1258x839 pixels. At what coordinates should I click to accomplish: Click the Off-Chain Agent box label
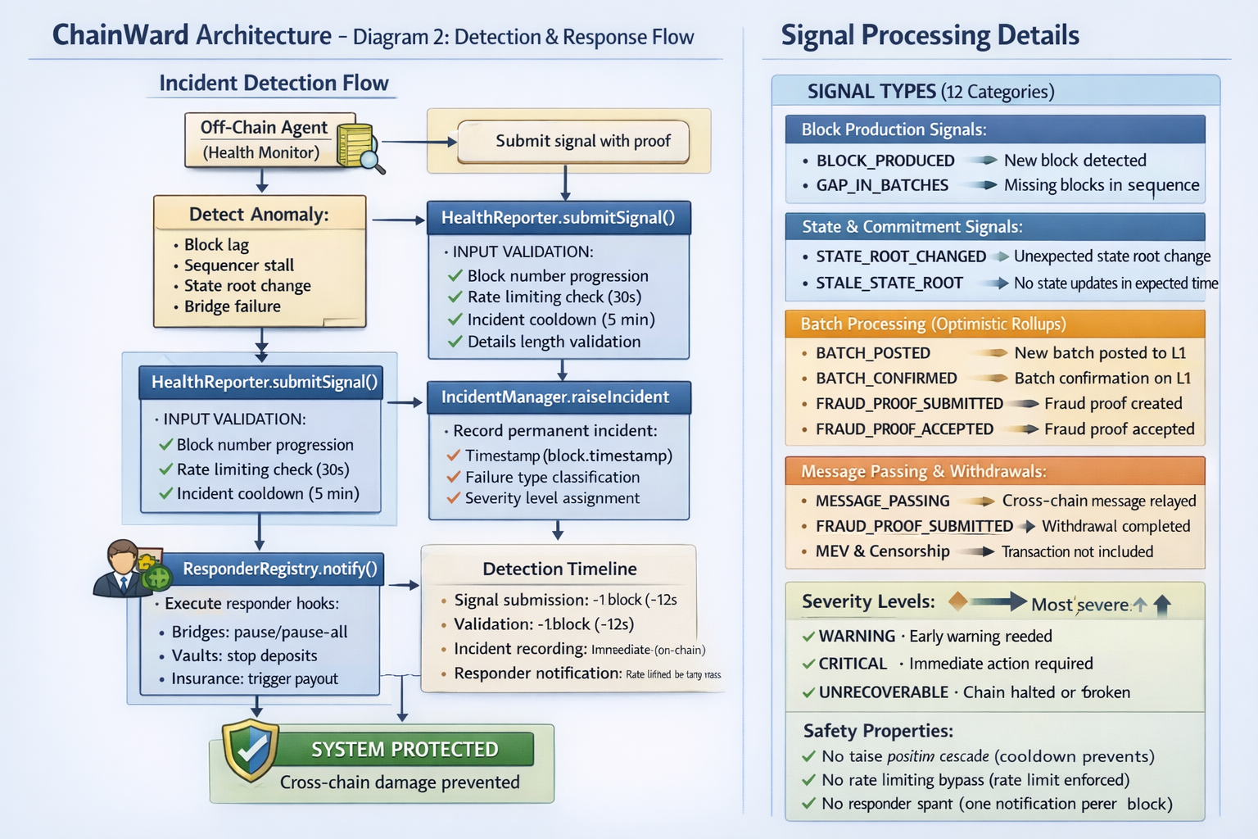tap(264, 128)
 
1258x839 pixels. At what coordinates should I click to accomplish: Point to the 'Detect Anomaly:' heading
tap(259, 215)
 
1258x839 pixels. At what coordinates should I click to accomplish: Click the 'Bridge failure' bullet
tap(232, 306)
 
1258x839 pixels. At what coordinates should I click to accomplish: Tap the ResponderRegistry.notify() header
tap(279, 569)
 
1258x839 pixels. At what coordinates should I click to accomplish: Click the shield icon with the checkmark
tap(251, 749)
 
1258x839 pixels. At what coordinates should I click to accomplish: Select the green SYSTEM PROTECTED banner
tap(405, 750)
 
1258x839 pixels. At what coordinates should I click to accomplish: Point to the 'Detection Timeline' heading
tap(559, 569)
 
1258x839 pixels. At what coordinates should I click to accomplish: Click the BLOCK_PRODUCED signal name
tap(885, 161)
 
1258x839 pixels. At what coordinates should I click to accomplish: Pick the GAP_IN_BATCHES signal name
tap(882, 186)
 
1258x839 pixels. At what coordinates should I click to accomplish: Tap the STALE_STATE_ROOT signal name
tap(889, 283)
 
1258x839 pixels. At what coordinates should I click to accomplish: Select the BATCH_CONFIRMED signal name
tap(886, 379)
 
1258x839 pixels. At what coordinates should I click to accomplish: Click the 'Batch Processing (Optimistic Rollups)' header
tap(933, 324)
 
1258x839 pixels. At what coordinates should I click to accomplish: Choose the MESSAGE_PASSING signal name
tap(883, 501)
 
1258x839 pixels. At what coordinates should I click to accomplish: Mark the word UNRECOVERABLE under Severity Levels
tap(884, 692)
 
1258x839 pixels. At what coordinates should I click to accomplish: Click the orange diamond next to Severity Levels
tap(957, 602)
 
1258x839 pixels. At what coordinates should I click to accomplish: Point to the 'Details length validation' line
tap(554, 342)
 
